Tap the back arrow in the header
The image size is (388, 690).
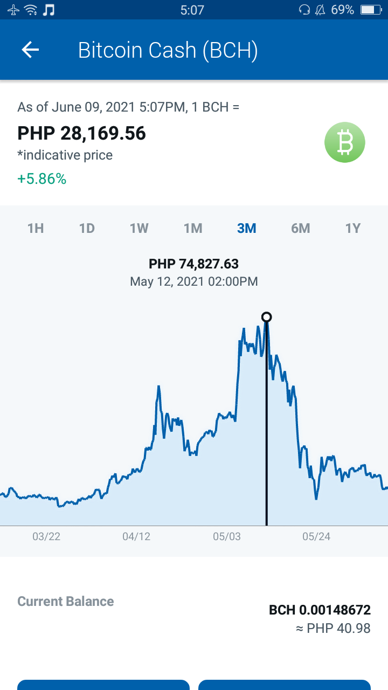[x=30, y=50]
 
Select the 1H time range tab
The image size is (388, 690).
[x=36, y=228]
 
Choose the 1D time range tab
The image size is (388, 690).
[x=87, y=228]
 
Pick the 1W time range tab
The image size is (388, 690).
[x=139, y=228]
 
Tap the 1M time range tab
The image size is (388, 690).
[x=193, y=228]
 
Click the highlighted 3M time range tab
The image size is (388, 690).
[x=247, y=228]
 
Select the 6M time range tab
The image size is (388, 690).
[x=301, y=228]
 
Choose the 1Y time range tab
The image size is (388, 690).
[x=353, y=228]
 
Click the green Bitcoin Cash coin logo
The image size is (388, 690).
[x=345, y=142]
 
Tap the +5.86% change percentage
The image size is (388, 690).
[x=42, y=178]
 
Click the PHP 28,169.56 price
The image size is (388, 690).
[x=81, y=133]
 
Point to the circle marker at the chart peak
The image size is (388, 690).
[x=267, y=317]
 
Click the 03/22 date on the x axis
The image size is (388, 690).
[x=46, y=536]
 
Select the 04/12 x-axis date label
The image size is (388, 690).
[x=136, y=536]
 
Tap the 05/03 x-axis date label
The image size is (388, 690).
[x=227, y=536]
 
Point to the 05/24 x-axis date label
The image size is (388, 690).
[x=316, y=536]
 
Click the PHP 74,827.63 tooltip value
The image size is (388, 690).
[x=193, y=264]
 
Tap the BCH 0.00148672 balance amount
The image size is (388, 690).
[x=320, y=610]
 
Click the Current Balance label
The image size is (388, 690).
[x=66, y=601]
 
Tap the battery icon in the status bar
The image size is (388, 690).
[x=371, y=10]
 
